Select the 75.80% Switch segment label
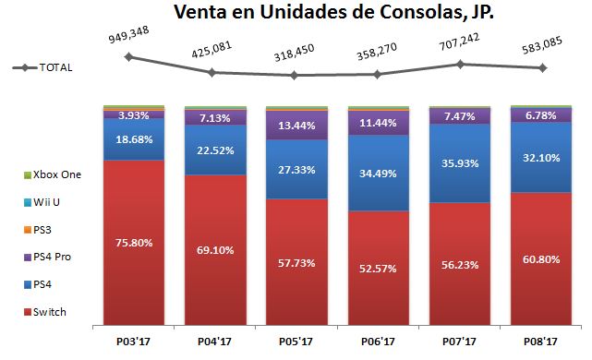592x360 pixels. tap(133, 243)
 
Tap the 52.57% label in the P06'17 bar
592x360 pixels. tap(378, 269)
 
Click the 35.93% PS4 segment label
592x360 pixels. tap(459, 162)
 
